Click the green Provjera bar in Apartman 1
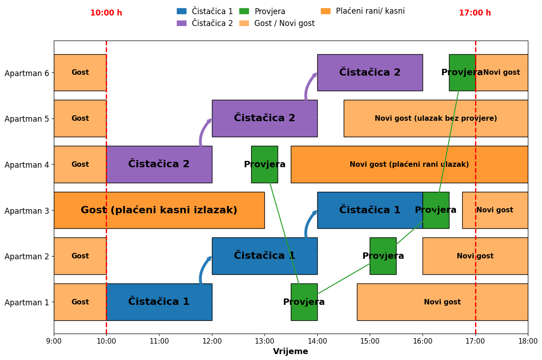point(304,302)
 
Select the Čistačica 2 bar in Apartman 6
point(370,72)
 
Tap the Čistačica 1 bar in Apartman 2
point(264,256)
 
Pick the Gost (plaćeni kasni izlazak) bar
point(159,210)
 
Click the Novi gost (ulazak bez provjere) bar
point(435,118)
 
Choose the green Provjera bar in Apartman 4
point(264,164)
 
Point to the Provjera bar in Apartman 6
point(462,72)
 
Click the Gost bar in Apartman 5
point(80,118)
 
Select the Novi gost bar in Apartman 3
point(495,210)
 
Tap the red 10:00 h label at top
point(106,13)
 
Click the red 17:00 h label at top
point(475,13)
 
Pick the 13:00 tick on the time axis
point(264,341)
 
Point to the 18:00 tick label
point(528,341)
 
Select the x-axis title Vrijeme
point(290,351)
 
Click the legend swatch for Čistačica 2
point(181,23)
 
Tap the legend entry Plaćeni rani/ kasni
point(370,11)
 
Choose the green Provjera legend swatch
point(244,11)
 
